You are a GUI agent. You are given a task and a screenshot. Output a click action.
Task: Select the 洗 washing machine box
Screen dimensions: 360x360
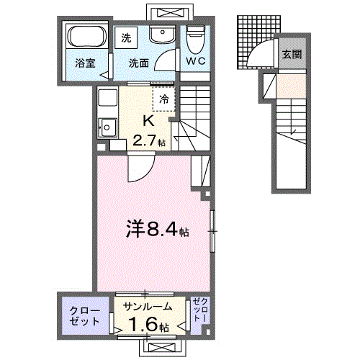click(x=126, y=37)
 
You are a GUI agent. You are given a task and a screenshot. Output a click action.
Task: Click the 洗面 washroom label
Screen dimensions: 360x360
click(x=140, y=63)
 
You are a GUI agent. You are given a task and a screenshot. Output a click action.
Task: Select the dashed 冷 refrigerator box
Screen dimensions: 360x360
click(x=163, y=99)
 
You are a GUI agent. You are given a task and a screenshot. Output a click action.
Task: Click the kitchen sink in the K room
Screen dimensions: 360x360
click(x=109, y=127)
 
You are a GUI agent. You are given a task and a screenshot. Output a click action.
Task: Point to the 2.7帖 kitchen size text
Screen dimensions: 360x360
click(x=149, y=143)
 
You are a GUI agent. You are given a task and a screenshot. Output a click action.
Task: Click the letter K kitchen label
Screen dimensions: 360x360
click(x=148, y=120)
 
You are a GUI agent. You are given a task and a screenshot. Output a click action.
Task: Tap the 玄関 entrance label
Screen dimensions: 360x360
click(x=291, y=54)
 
